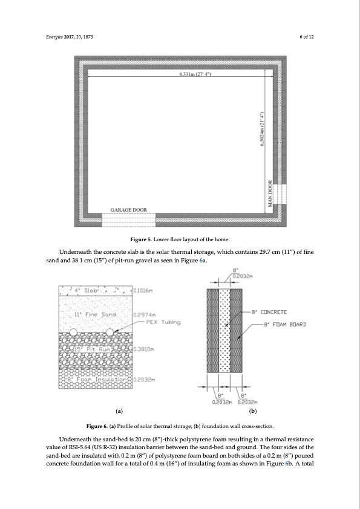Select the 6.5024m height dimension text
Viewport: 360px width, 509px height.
tap(261, 134)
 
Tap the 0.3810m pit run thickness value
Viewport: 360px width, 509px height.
tap(143, 349)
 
